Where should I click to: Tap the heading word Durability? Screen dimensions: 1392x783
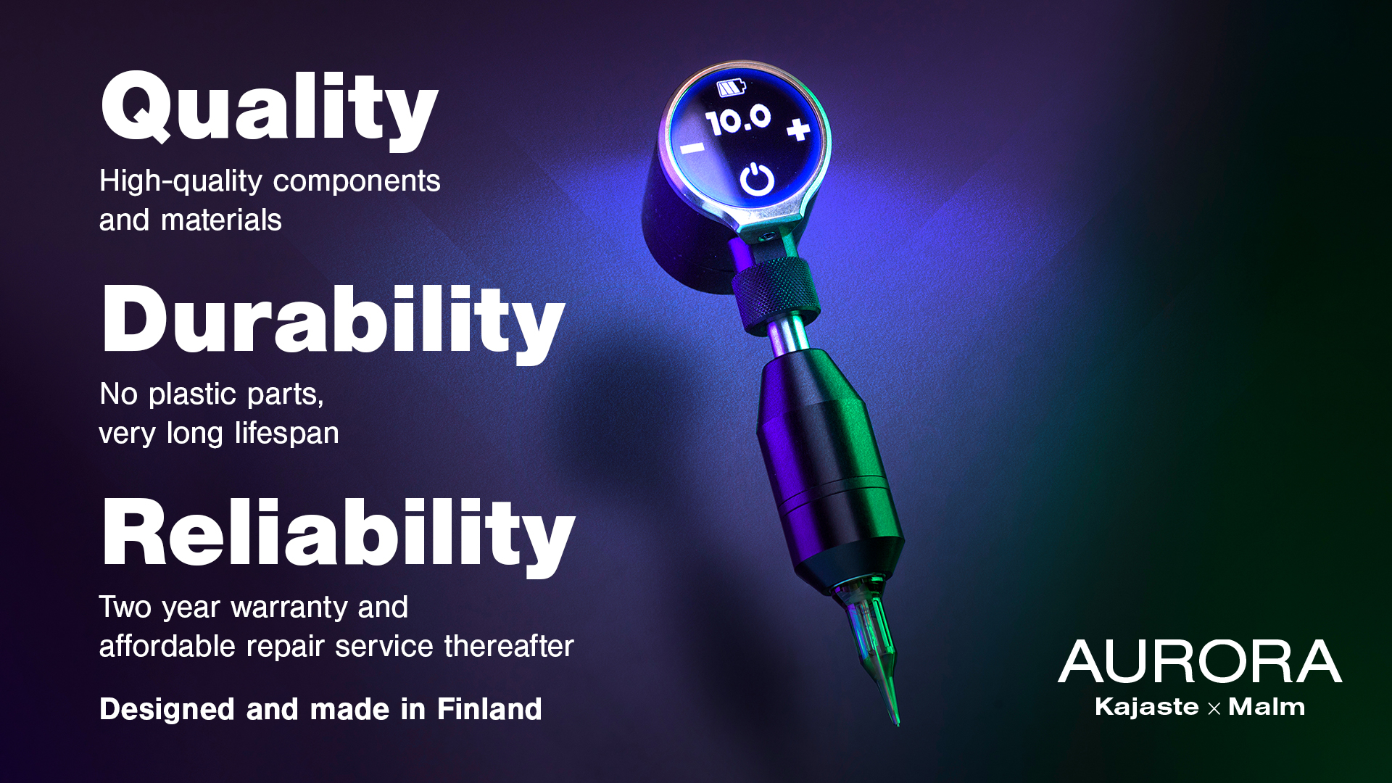(x=333, y=322)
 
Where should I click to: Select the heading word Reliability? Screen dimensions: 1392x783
(x=339, y=535)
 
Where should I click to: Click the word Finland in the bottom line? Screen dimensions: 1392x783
(x=489, y=709)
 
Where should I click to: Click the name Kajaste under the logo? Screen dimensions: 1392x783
(x=1147, y=707)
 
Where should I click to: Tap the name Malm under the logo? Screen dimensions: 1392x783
(x=1267, y=707)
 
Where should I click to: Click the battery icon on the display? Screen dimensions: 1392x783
(x=731, y=88)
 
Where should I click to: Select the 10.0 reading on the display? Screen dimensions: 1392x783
(x=739, y=120)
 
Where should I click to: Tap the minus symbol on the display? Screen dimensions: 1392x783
(x=692, y=148)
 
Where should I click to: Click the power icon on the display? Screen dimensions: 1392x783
(x=757, y=179)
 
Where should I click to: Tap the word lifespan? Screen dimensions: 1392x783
(x=286, y=434)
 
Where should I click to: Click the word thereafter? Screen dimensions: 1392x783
(x=509, y=646)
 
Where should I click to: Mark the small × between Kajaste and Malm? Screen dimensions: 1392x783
(x=1214, y=708)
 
